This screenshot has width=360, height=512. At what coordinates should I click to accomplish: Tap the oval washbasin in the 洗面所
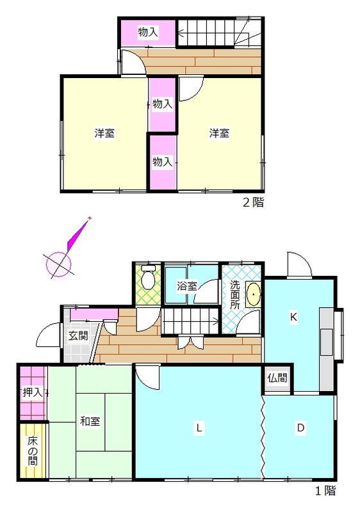[254, 294]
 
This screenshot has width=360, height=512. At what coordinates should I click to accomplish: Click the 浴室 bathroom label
[187, 286]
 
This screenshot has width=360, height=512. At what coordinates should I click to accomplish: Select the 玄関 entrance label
[78, 335]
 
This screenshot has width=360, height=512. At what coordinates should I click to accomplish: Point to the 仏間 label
[277, 378]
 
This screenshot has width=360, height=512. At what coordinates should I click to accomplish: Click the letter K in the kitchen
[293, 317]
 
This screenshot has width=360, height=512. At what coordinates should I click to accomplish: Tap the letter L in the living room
[199, 428]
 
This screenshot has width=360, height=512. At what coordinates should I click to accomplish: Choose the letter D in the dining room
[300, 428]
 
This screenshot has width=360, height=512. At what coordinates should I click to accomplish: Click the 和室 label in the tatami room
[90, 421]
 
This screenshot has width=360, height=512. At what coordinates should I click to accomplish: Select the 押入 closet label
[32, 392]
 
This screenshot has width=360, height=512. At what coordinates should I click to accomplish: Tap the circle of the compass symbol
[58, 264]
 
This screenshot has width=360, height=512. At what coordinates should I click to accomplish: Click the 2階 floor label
[253, 202]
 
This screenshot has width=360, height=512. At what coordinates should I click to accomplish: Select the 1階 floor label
[325, 491]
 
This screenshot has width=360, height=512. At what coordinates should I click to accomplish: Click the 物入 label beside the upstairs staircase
[148, 32]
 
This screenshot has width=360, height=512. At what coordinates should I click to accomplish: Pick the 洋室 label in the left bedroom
[104, 133]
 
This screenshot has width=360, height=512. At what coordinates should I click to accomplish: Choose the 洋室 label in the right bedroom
[219, 133]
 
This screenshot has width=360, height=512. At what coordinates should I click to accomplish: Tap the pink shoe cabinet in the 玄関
[94, 314]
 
